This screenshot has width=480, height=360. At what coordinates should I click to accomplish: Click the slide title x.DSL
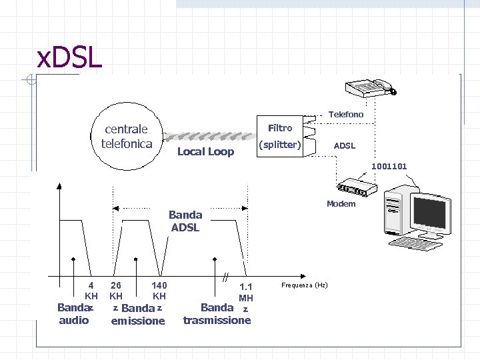[69, 59]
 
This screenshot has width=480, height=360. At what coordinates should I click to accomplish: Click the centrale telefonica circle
[126, 136]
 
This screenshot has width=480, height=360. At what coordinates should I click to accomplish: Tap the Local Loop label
[205, 152]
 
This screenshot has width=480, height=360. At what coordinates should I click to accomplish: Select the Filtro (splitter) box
[280, 137]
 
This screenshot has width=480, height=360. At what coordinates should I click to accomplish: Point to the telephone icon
[369, 88]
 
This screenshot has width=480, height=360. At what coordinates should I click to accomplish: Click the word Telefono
[346, 115]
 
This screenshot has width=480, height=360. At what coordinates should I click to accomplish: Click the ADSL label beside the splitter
[345, 145]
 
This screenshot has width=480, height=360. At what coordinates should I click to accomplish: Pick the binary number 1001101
[389, 166]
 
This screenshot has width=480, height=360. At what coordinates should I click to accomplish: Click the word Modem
[341, 204]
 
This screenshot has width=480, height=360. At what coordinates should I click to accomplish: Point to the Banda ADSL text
[185, 221]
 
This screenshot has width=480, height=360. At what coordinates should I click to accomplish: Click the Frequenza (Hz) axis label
[304, 285]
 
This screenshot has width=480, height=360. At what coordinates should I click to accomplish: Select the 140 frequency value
[159, 285]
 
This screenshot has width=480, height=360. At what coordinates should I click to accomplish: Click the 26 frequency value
[116, 285]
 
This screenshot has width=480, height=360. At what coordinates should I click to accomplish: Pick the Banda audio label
[73, 314]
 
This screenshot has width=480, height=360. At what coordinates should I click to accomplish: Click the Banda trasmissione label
[217, 314]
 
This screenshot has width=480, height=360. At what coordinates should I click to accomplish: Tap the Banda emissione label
[138, 315]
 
